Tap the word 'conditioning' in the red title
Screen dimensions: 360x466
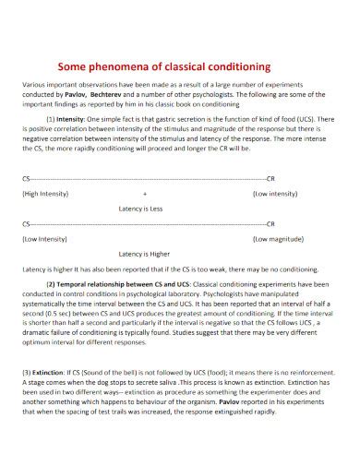click(232, 66)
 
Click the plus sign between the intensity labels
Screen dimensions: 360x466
click(171, 194)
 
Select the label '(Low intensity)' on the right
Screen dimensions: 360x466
click(275, 194)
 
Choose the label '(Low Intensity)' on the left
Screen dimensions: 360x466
click(44, 237)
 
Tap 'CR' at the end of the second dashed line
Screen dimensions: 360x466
click(270, 222)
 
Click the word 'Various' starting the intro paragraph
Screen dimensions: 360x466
click(35, 85)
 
